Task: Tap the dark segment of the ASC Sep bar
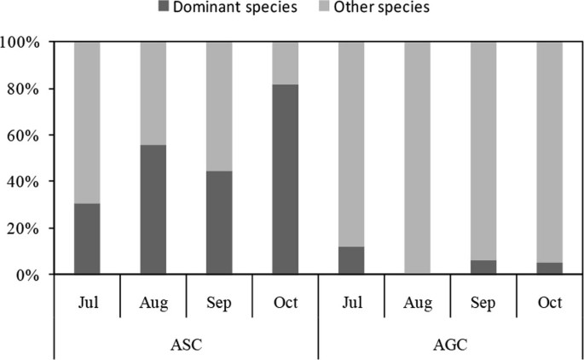(x=219, y=223)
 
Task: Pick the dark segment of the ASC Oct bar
(x=285, y=179)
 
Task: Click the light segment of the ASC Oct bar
(x=285, y=62)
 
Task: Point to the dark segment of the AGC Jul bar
(x=351, y=260)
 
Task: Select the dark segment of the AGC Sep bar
(x=483, y=267)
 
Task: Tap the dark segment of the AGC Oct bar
(x=549, y=268)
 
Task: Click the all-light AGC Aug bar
(x=417, y=158)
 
